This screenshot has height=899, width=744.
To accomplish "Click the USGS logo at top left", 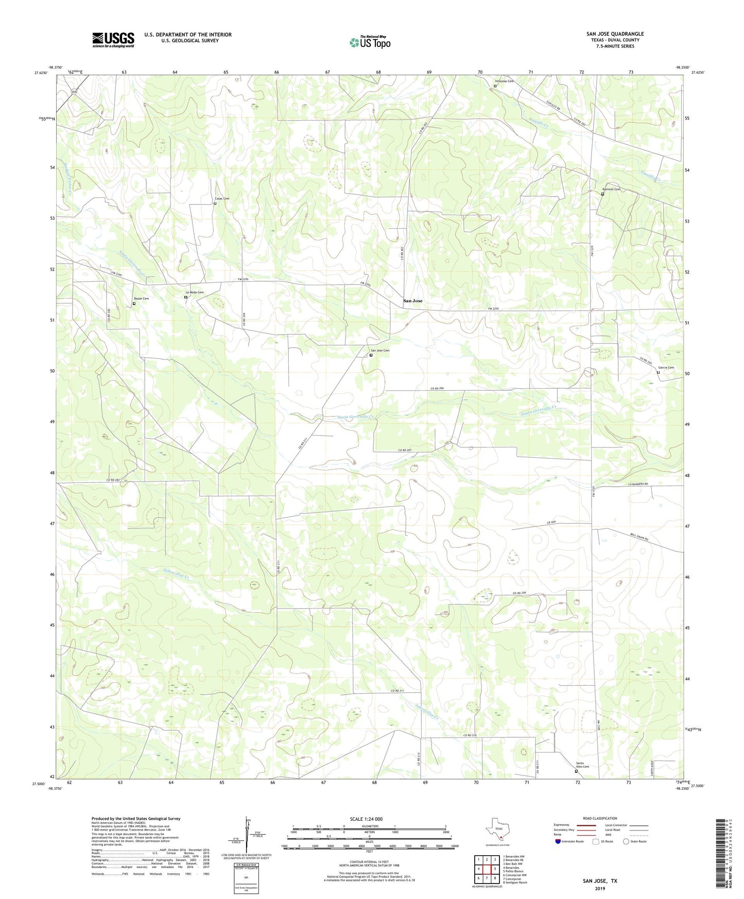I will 113,39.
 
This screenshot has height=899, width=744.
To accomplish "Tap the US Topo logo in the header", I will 370,42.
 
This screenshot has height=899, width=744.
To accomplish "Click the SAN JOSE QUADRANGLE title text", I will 615,34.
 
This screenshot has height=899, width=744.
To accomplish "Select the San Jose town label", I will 412,301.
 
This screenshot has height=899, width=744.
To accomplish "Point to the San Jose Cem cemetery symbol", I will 371,355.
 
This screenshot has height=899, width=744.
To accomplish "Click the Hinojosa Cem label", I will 504,81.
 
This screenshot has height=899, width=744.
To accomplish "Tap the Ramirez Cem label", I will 611,189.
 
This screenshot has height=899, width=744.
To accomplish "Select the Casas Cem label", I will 222,198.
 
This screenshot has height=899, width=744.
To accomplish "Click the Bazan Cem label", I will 141,299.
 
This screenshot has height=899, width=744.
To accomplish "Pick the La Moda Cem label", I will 194,292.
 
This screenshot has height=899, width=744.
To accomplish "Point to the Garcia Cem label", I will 666,367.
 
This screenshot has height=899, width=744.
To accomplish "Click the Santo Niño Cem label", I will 582,765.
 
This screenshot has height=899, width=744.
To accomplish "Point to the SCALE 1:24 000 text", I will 366,819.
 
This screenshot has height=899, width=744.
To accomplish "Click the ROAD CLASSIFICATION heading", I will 600,818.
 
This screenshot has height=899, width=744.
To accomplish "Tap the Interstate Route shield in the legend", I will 558,841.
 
